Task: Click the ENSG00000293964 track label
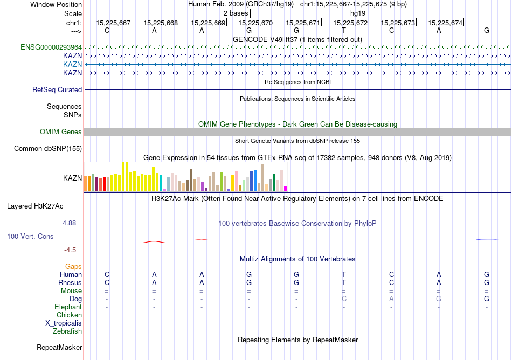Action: pos(51,47)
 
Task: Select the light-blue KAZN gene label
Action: pos(72,64)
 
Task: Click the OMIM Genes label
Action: pos(61,132)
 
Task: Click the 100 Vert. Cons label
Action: pos(30,237)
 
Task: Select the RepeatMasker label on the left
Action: pos(59,348)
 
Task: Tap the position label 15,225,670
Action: pos(255,23)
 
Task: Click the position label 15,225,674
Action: pos(445,23)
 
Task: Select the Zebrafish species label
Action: pos(67,331)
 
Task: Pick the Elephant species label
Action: pos(68,307)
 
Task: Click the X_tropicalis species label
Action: pos(64,323)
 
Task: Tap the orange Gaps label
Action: pos(73,267)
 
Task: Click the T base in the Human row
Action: pos(344,275)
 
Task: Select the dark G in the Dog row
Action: pos(487,299)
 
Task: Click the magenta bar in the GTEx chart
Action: pos(286,189)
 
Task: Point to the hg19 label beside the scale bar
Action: pos(358,12)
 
